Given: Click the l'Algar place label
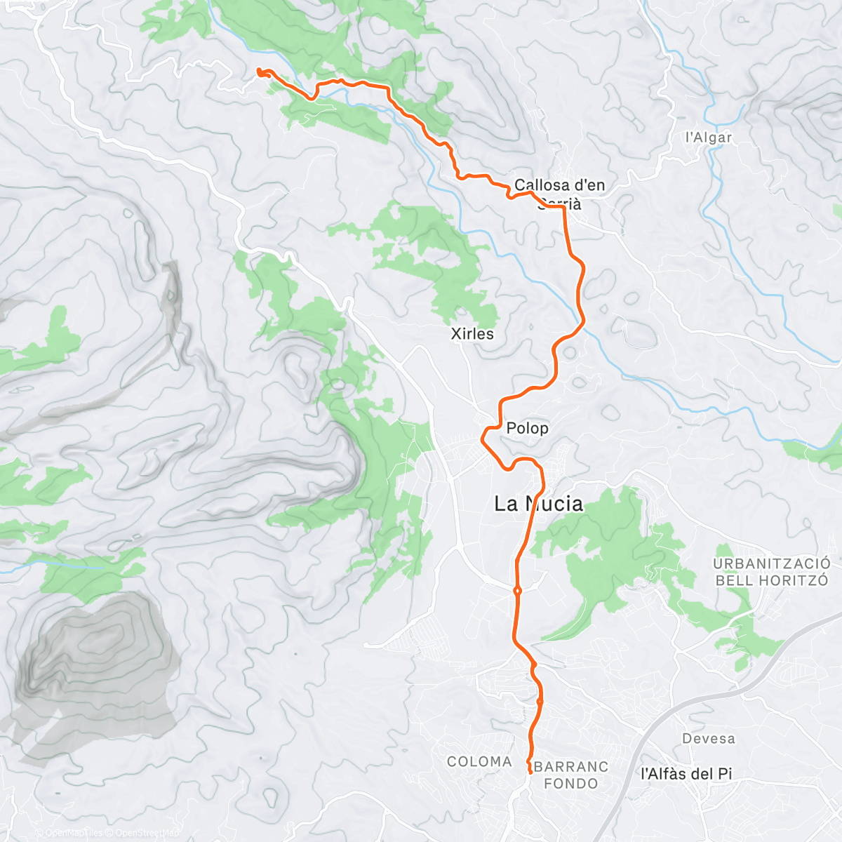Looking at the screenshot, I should click(709, 138).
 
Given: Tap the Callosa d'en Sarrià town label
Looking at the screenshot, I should click(559, 194).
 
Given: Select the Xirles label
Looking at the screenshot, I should click(472, 334).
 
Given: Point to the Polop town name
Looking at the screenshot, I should click(527, 428).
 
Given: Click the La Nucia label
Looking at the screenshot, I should click(538, 504).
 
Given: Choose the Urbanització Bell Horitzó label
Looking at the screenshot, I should click(772, 572).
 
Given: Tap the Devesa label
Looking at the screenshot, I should click(709, 739).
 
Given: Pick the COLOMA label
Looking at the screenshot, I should click(479, 761).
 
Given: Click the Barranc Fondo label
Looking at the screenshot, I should click(571, 775).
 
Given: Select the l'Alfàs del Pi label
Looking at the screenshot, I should click(686, 774).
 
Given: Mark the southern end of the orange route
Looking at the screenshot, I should click(529, 772).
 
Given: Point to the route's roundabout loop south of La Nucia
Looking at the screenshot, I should click(517, 591).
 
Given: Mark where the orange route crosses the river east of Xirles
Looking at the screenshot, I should click(582, 324).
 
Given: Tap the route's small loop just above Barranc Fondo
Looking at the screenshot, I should click(540, 701).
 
